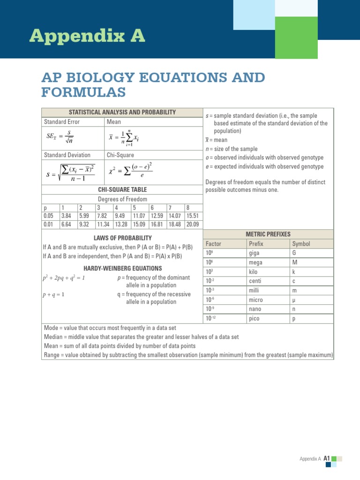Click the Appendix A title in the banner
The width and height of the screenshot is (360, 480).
[87, 36]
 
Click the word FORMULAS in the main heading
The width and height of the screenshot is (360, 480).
[83, 92]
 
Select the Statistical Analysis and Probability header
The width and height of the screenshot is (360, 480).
[122, 112]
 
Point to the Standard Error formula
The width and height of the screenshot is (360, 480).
[60, 137]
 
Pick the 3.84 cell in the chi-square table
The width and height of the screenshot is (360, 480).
[66, 216]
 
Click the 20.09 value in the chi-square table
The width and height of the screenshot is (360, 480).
[192, 225]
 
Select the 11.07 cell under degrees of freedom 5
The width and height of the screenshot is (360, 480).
[139, 216]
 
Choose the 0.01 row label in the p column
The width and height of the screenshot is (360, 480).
[48, 225]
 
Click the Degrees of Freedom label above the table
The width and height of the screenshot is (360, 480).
[122, 199]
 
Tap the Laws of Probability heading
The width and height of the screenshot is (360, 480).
[123, 238]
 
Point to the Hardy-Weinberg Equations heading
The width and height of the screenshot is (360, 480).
[123, 268]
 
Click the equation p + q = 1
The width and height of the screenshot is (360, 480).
[53, 294]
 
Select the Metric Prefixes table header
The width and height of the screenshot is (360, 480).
[268, 234]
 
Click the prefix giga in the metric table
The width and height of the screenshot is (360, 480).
[255, 253]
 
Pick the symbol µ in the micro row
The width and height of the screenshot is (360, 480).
[294, 300]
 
